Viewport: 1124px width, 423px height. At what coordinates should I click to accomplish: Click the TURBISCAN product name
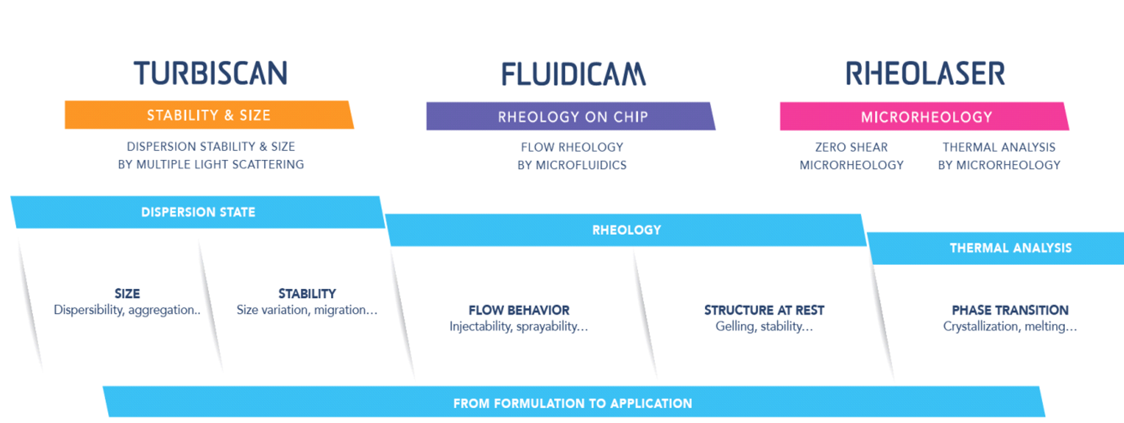click(x=210, y=73)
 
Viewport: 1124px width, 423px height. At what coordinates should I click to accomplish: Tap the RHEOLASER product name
click(x=925, y=73)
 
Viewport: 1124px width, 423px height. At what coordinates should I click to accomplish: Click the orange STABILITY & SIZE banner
click(x=209, y=115)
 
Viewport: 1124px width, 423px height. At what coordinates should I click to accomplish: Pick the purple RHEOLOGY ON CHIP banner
click(x=571, y=116)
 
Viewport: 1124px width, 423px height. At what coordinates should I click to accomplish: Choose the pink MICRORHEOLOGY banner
click(x=925, y=116)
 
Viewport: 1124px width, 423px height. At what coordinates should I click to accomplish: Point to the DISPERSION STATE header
click(x=198, y=212)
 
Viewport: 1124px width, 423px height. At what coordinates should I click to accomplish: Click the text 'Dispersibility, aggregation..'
click(x=127, y=310)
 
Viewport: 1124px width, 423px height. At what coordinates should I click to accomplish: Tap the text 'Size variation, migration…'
click(x=307, y=310)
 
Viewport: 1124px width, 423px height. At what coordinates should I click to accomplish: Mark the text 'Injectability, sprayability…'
click(x=519, y=327)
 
